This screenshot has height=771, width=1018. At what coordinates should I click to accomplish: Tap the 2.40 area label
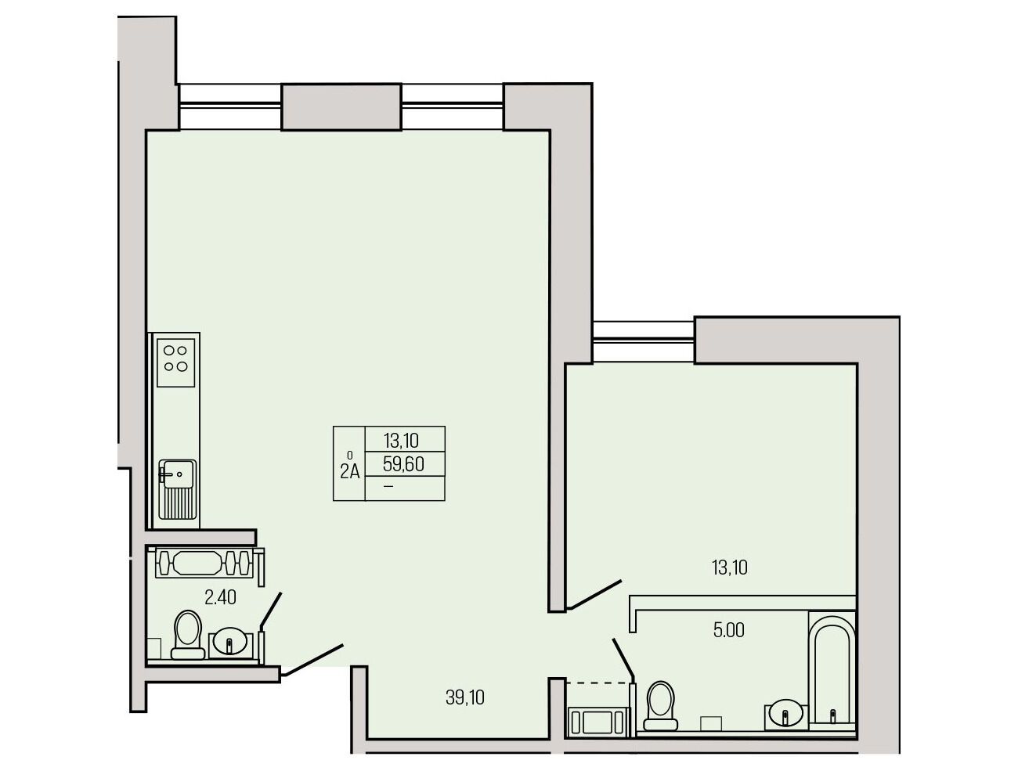[220, 598]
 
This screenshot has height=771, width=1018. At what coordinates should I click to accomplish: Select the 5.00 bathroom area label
[728, 631]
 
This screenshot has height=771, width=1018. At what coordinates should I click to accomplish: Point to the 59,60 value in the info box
[403, 464]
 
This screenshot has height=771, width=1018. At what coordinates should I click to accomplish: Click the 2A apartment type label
[350, 471]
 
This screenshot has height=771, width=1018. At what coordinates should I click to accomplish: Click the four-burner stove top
[175, 362]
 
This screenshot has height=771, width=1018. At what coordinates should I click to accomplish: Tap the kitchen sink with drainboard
[177, 489]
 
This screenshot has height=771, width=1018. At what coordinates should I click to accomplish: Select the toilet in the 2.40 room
[188, 634]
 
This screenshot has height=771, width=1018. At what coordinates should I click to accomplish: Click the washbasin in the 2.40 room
[229, 643]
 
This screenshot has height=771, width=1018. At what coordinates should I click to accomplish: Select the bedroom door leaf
[594, 594]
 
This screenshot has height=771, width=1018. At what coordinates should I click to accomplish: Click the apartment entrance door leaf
[313, 660]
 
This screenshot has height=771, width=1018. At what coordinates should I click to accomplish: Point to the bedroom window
[644, 342]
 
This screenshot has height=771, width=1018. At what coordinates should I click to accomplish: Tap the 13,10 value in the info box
[401, 440]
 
